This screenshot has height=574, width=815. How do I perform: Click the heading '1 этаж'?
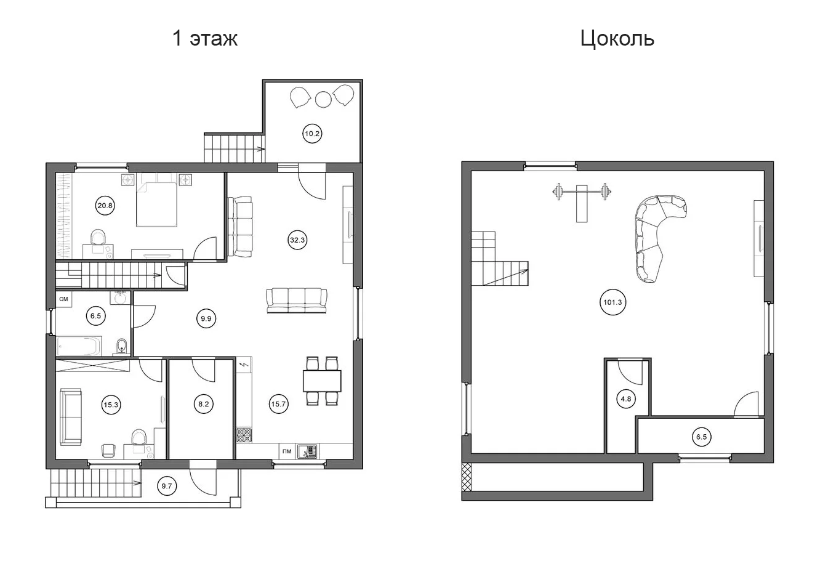[205, 38]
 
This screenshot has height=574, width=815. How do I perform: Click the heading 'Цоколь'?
[617, 39]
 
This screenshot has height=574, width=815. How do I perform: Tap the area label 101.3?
[612, 302]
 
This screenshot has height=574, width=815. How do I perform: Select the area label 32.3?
[297, 240]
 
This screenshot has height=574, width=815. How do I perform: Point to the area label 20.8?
[105, 206]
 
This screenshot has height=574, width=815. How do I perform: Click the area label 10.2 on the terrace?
[312, 134]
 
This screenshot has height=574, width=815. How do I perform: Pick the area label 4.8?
[626, 399]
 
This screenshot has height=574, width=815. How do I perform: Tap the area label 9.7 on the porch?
[167, 486]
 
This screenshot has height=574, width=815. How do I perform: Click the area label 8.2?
[203, 404]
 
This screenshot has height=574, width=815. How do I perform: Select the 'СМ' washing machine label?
[63, 299]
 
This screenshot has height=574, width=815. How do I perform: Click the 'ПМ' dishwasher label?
[287, 451]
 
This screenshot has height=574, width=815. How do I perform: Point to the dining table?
[322, 381]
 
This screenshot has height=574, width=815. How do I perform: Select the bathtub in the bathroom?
[79, 346]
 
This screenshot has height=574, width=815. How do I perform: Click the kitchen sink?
[307, 451]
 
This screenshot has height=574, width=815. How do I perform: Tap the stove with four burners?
[244, 435]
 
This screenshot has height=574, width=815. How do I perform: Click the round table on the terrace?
[323, 99]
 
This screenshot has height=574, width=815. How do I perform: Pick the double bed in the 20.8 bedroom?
[157, 204]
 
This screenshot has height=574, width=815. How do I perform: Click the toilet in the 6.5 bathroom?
[122, 347]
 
